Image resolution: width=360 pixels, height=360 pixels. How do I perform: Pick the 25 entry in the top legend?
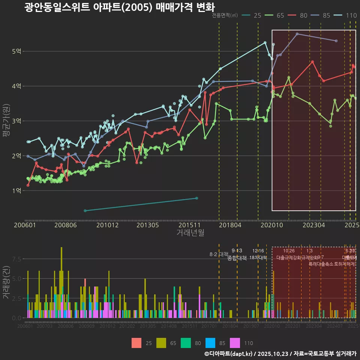pos(252,15)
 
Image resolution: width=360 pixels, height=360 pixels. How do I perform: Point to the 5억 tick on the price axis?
pos(16,51)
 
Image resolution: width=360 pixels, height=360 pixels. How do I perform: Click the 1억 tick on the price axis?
pos(16,190)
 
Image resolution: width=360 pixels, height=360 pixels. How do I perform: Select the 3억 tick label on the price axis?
pos(16,121)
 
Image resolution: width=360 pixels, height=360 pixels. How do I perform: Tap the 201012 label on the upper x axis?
pos(108,225)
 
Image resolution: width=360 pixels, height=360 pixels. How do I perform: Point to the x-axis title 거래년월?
pos(190,233)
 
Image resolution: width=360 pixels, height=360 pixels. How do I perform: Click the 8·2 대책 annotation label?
pos(219,254)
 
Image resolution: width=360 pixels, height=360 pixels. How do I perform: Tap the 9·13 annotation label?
pos(237,251)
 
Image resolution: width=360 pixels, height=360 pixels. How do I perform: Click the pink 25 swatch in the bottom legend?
pos(136,343)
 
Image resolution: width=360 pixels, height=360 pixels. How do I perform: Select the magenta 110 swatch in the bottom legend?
pos(234,343)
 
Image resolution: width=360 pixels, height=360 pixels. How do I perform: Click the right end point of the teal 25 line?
pos(197,198)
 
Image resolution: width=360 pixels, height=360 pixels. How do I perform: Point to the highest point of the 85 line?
pos(297,34)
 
